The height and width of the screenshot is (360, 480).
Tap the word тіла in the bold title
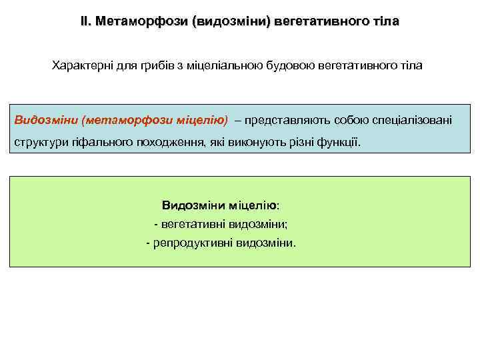(386, 21)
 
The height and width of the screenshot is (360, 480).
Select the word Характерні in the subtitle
(81, 67)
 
